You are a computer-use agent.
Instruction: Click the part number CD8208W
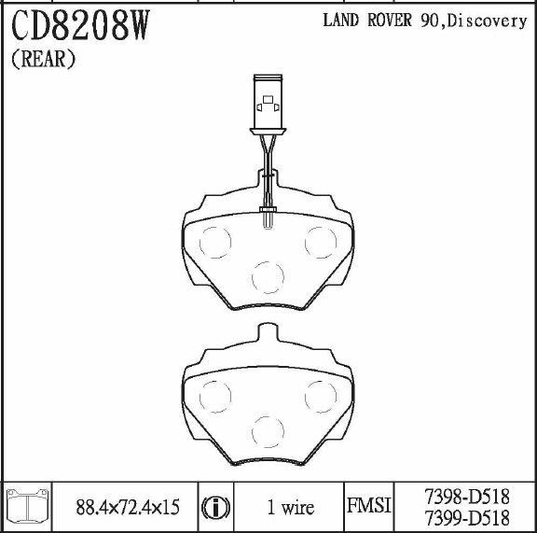point(81,25)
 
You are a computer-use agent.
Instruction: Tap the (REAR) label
point(44,59)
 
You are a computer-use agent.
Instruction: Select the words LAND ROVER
point(367,20)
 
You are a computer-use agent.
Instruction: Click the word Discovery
point(488,21)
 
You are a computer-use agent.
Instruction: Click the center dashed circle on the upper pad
point(268,277)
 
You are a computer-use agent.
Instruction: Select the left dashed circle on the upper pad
point(215,242)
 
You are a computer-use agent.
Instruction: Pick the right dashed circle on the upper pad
point(321,242)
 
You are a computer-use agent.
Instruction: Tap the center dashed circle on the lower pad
point(268,431)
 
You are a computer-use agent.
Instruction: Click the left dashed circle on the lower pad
point(215,397)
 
